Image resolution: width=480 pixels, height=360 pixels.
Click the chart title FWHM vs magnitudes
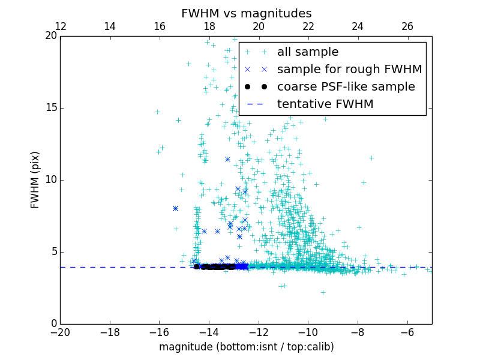(x=246, y=13)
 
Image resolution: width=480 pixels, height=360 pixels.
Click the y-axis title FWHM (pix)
(x=35, y=180)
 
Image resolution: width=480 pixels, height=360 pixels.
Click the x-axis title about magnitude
(x=246, y=347)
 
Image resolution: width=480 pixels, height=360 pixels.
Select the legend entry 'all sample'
(x=308, y=52)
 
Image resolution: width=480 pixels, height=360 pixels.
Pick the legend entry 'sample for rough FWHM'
(x=349, y=70)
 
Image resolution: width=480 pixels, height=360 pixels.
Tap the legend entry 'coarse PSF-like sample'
(x=346, y=87)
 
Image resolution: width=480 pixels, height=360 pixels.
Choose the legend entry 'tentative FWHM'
(x=325, y=104)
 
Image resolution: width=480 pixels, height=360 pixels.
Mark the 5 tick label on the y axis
(x=53, y=252)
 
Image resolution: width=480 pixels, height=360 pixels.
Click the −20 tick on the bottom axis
(x=60, y=332)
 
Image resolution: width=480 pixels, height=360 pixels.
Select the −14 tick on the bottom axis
(x=209, y=332)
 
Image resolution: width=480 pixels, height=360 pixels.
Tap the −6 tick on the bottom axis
(x=407, y=332)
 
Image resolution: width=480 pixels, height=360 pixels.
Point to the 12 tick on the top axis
(x=60, y=26)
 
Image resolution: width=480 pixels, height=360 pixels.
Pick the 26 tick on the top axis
(x=407, y=26)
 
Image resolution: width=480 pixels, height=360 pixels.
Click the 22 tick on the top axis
(x=308, y=26)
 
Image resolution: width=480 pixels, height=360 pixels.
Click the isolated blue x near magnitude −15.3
(x=175, y=209)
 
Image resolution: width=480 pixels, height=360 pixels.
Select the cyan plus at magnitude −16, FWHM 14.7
(x=157, y=112)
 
